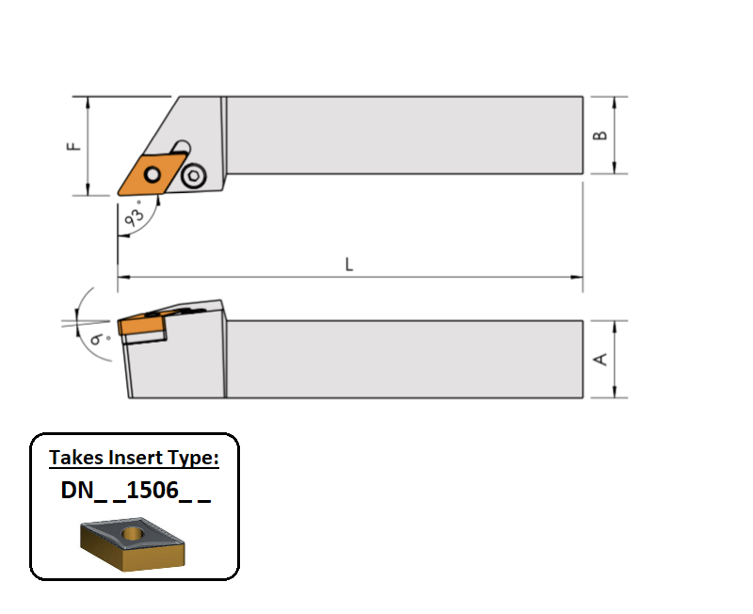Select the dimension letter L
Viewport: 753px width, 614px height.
click(349, 266)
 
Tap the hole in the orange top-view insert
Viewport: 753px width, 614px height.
click(151, 174)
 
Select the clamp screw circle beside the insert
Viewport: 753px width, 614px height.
click(195, 175)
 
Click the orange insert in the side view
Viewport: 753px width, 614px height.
click(141, 326)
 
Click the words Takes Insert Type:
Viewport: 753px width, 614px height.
click(134, 459)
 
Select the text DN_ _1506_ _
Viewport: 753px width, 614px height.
click(134, 493)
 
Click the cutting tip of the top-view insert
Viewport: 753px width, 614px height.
click(119, 195)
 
